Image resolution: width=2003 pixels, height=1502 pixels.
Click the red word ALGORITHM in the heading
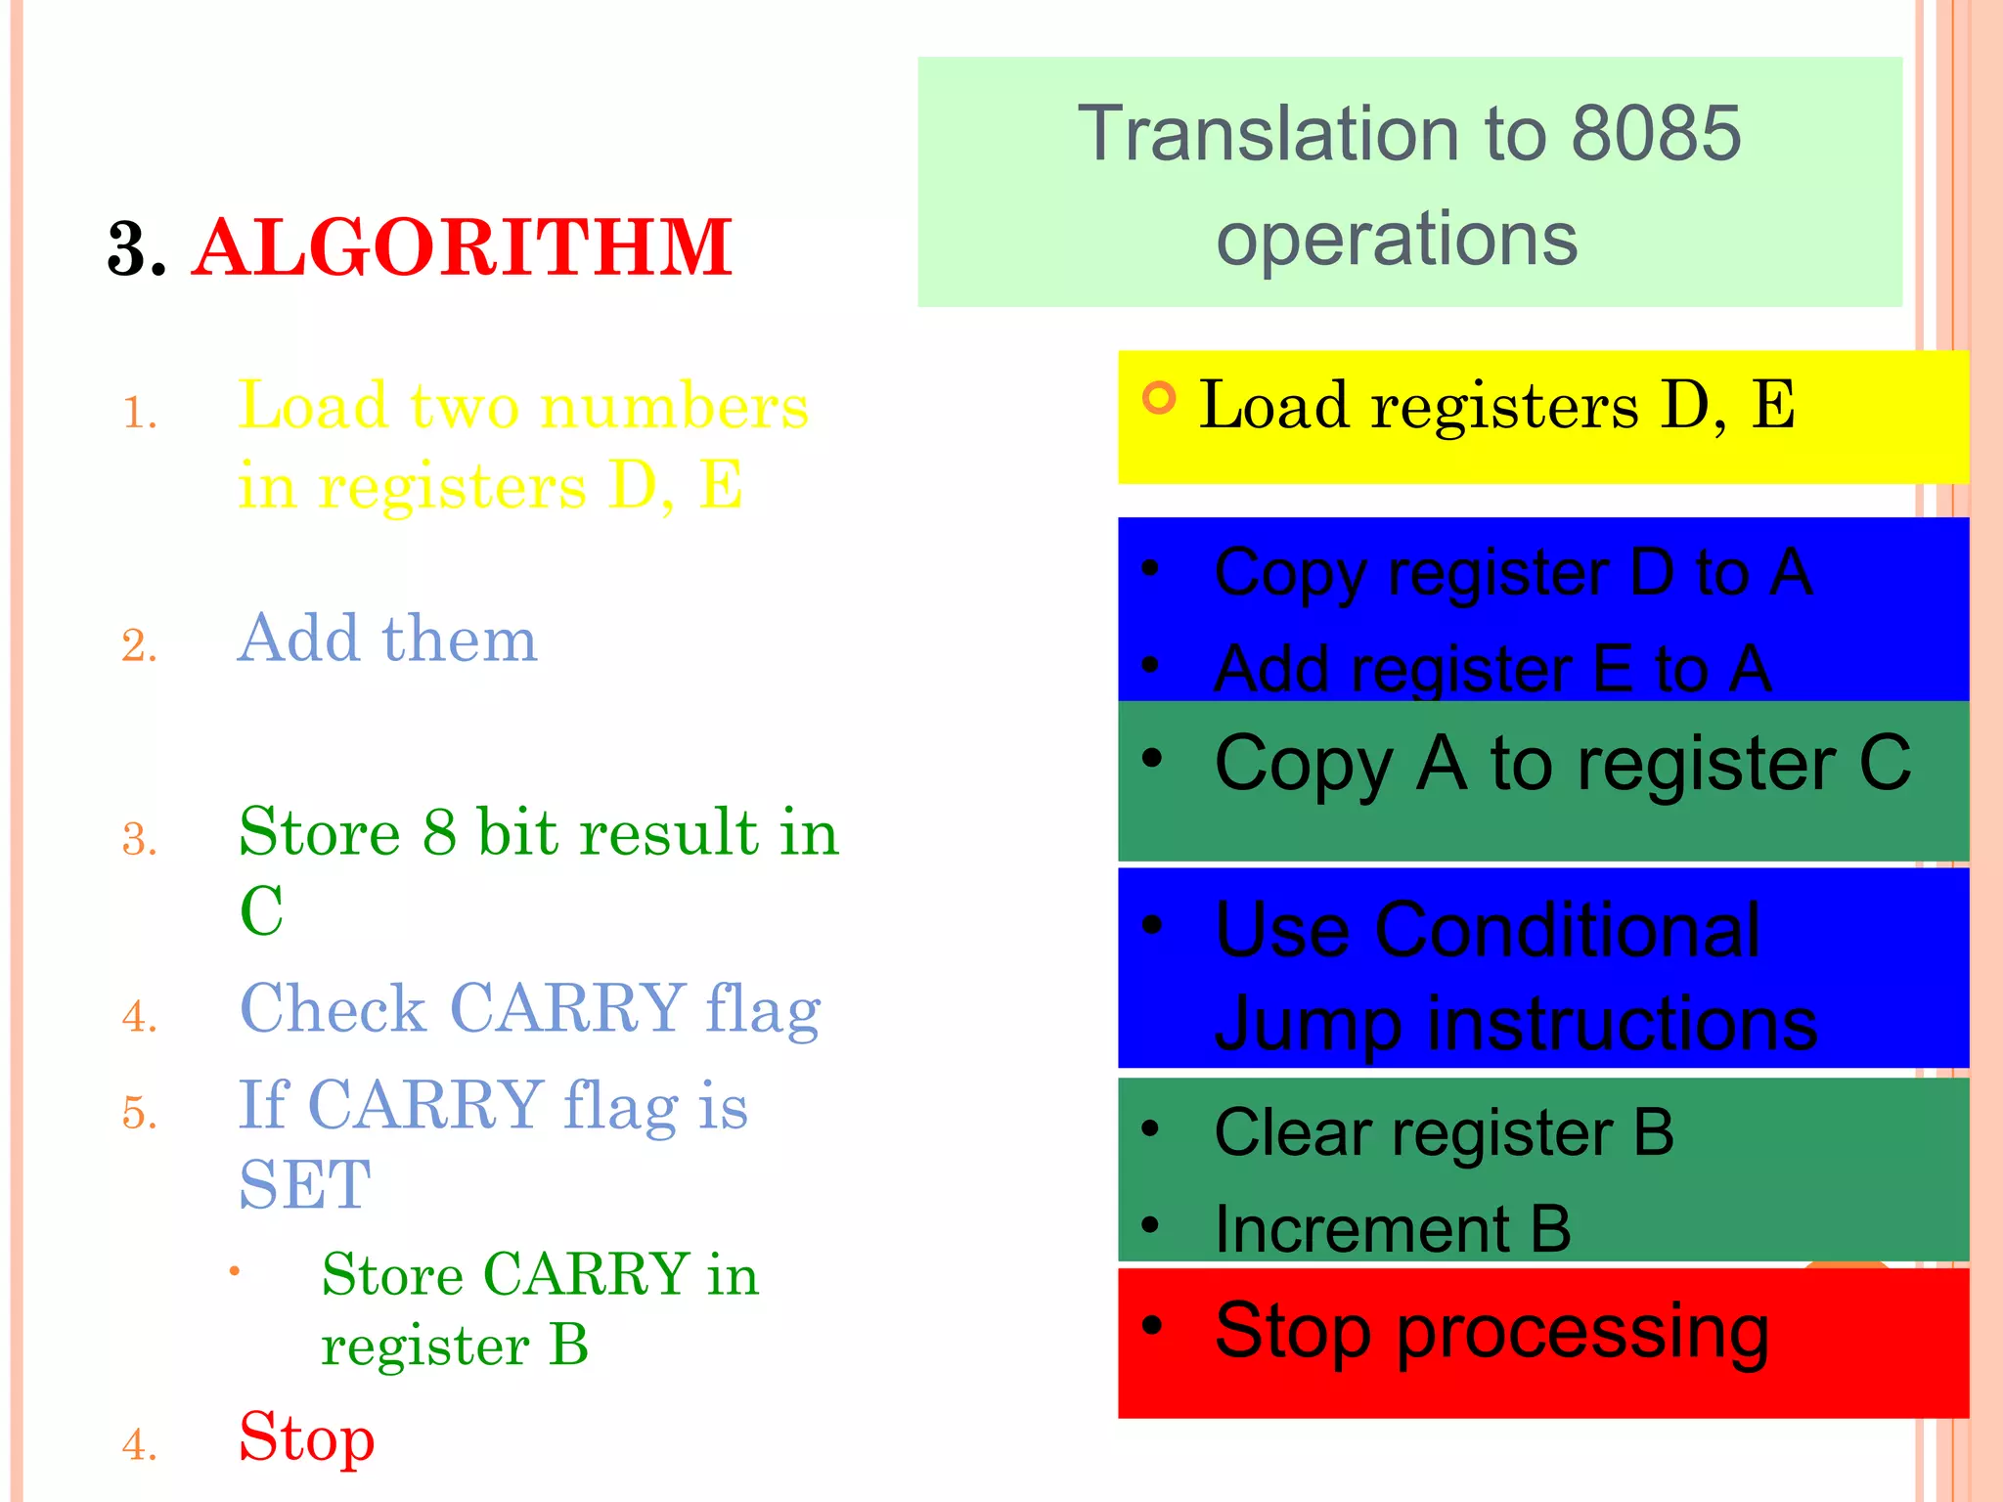click(462, 248)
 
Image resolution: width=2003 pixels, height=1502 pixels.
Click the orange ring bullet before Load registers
click(1159, 398)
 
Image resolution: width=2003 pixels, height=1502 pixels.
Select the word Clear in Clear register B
click(1291, 1132)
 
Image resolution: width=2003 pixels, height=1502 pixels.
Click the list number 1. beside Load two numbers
click(140, 413)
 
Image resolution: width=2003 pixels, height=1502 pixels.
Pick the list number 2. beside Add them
click(140, 645)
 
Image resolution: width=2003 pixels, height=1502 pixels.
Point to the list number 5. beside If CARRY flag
click(140, 1113)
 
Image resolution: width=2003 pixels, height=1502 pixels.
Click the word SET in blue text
click(305, 1184)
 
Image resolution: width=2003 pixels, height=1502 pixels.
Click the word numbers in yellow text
click(674, 406)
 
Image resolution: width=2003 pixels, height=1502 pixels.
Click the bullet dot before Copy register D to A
click(1151, 568)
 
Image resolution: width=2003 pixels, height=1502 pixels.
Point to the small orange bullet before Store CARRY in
click(235, 1271)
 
